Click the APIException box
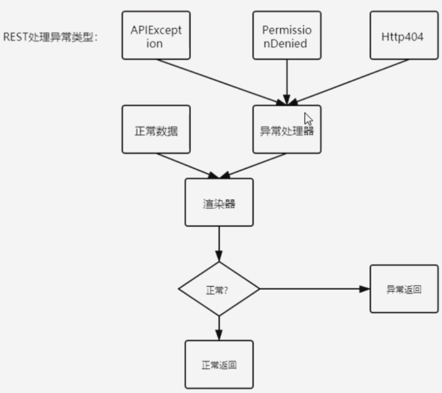click(156, 35)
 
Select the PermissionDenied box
click(287, 35)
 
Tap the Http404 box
click(402, 35)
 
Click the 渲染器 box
click(219, 203)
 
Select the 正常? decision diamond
click(219, 289)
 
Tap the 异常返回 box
click(403, 289)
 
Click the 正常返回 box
click(219, 364)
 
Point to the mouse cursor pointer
click(308, 118)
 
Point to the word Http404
click(402, 37)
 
